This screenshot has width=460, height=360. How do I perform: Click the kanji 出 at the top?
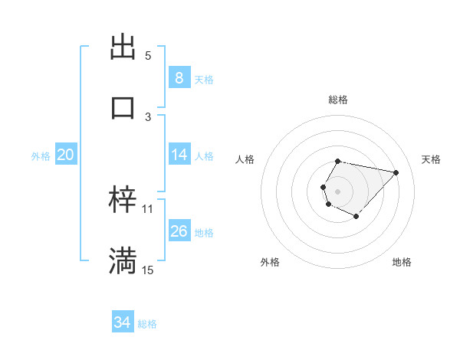click(123, 46)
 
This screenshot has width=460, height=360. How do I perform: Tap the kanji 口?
click(123, 106)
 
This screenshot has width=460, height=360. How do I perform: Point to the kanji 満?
click(123, 260)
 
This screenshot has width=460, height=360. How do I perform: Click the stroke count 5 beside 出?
click(148, 56)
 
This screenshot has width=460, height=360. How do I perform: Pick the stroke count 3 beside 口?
click(148, 116)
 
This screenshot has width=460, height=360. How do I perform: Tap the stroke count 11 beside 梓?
click(148, 209)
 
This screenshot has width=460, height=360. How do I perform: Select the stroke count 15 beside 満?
click(148, 270)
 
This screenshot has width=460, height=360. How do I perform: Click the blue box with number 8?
click(179, 78)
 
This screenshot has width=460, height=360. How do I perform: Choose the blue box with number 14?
click(179, 155)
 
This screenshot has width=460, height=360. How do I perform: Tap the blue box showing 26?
click(179, 231)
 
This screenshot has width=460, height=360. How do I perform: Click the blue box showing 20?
click(65, 155)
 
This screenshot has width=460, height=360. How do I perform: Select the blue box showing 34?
click(122, 322)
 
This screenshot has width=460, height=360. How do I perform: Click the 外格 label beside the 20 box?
click(41, 156)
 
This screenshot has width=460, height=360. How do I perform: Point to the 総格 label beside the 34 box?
click(147, 324)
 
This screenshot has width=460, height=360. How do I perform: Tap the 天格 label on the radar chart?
click(431, 159)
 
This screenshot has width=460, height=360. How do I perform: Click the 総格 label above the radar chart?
click(337, 100)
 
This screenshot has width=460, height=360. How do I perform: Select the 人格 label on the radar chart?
click(245, 159)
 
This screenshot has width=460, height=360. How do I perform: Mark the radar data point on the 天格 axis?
click(396, 172)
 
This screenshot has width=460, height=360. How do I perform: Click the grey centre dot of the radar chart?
click(337, 191)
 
